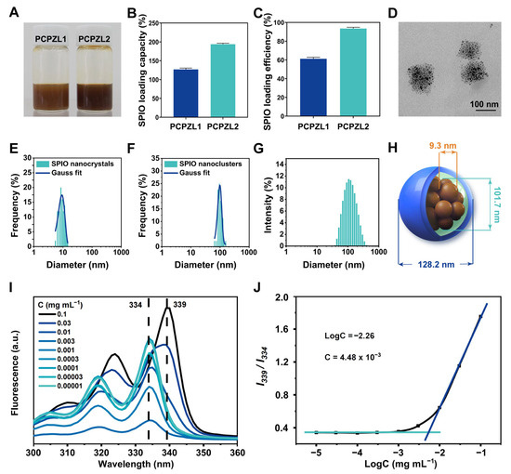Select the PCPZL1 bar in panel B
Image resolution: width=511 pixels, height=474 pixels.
[185, 89]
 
